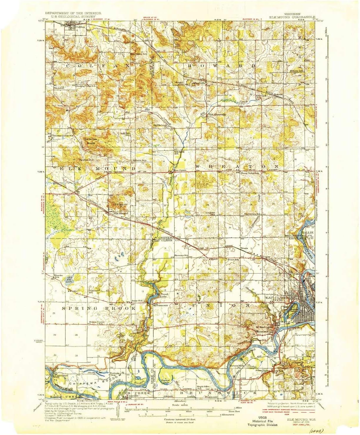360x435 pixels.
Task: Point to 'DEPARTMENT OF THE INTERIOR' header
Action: [x=73, y=13]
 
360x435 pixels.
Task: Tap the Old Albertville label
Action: [x=217, y=114]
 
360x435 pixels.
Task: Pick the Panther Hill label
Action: [x=86, y=160]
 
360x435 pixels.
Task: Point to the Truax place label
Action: [x=244, y=248]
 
